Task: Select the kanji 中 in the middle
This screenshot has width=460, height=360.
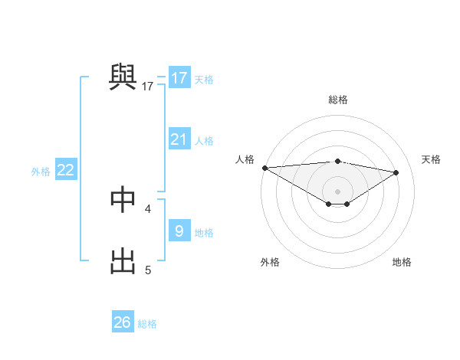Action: (x=123, y=199)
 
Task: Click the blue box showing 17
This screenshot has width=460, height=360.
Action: (x=179, y=78)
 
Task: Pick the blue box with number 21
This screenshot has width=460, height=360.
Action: (x=179, y=139)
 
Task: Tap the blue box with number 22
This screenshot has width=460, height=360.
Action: (x=65, y=170)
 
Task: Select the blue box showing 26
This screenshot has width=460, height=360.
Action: (x=123, y=322)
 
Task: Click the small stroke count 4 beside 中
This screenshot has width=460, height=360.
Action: (x=148, y=208)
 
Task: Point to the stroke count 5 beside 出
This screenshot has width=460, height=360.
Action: (x=148, y=270)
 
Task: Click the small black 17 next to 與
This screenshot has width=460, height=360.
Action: (x=148, y=87)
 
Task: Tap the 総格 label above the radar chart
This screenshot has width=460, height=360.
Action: (x=337, y=100)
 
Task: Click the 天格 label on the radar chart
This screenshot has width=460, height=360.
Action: (x=431, y=159)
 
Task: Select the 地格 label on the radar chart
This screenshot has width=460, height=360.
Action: (x=402, y=262)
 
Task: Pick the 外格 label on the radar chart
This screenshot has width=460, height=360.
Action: (x=270, y=262)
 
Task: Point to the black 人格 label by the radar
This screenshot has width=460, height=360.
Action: (x=244, y=159)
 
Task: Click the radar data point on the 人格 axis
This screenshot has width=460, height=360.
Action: (x=264, y=168)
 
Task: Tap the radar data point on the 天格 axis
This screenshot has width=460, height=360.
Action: (x=396, y=172)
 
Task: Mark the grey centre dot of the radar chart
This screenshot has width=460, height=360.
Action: (x=337, y=191)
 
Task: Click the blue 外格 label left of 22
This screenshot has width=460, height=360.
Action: (x=41, y=172)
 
